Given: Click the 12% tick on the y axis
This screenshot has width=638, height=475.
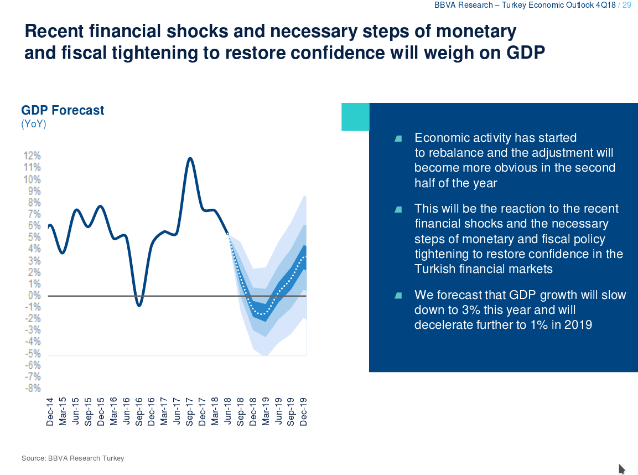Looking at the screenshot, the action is pyautogui.click(x=32, y=156).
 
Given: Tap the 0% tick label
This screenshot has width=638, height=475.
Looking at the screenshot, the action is pyautogui.click(x=34, y=295).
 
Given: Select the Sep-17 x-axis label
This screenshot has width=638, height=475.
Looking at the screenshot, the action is pyautogui.click(x=189, y=412).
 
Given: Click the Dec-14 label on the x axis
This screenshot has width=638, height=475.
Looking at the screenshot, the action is pyautogui.click(x=50, y=412).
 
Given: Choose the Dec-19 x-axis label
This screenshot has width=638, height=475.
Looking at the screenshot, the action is pyautogui.click(x=303, y=412).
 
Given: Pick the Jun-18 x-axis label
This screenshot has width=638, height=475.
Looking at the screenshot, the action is pyautogui.click(x=227, y=412).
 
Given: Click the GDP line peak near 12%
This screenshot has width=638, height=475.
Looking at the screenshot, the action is pyautogui.click(x=190, y=158).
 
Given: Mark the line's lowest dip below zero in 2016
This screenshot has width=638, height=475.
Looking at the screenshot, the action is pyautogui.click(x=139, y=305).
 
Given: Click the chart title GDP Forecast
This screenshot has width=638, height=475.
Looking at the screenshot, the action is pyautogui.click(x=63, y=110).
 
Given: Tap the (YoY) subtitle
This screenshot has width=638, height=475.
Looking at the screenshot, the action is pyautogui.click(x=34, y=124).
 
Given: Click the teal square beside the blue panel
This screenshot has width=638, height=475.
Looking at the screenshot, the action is pyautogui.click(x=355, y=117).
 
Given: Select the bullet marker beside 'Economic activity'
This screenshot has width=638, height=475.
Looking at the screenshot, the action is pyautogui.click(x=398, y=138).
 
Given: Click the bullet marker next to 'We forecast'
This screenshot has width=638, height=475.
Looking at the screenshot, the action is pyautogui.click(x=398, y=296).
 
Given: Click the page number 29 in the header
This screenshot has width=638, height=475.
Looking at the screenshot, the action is pyautogui.click(x=627, y=5).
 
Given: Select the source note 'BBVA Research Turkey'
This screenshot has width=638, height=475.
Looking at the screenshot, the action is pyautogui.click(x=86, y=458).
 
